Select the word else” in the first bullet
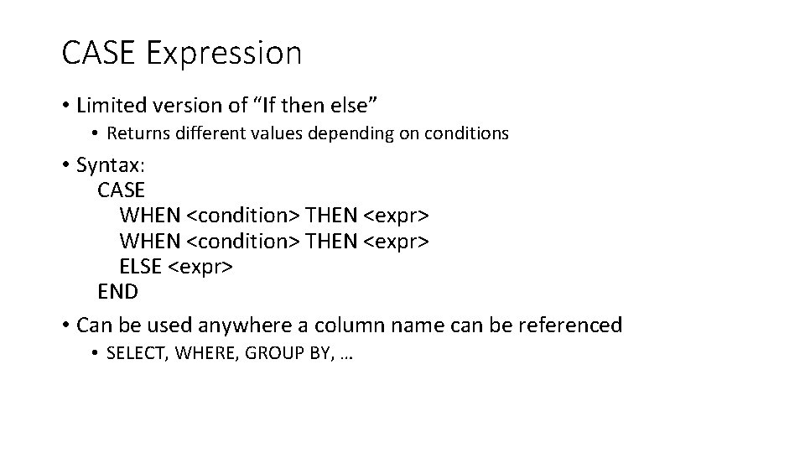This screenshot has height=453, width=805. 356,105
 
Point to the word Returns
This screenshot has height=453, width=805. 137,133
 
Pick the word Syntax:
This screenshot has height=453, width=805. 111,165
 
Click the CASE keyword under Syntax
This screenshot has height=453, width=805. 122,190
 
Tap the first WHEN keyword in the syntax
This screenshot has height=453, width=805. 149,216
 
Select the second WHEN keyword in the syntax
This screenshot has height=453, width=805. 149,241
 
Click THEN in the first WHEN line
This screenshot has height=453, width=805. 333,216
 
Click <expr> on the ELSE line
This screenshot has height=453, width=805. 201,267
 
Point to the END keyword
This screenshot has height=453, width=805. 118,292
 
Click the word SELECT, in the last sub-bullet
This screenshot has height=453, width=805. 139,354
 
